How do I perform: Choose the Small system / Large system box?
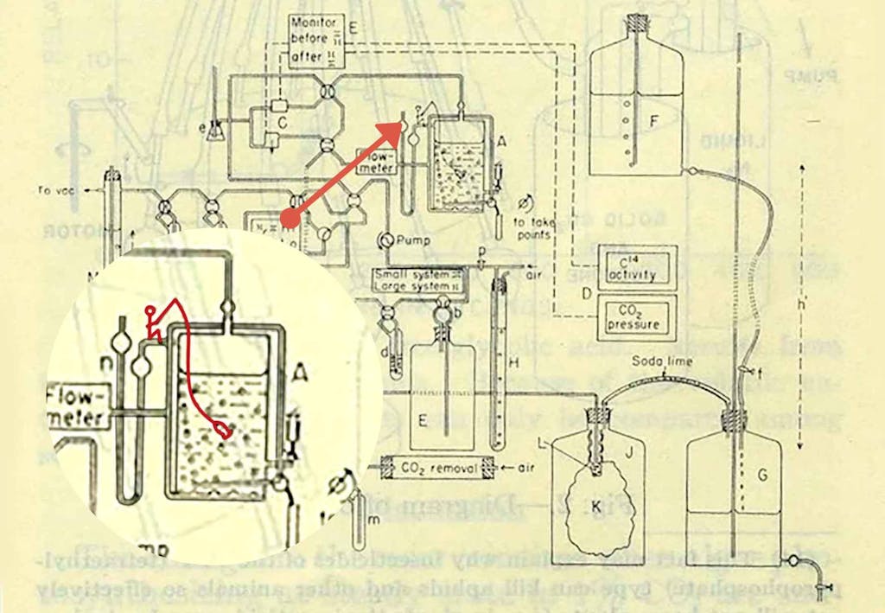412,279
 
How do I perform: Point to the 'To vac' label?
58,188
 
